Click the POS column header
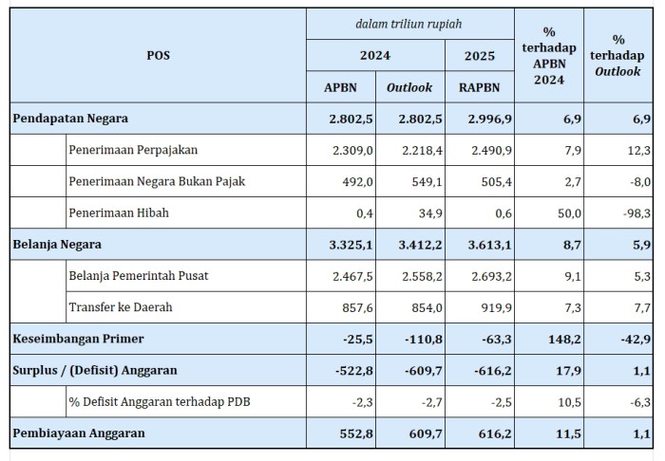[159, 56]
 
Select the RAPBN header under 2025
[479, 87]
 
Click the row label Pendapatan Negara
[71, 119]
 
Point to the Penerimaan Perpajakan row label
[133, 150]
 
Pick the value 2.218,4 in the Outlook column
[410, 150]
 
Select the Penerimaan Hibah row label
[119, 212]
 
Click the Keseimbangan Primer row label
[78, 339]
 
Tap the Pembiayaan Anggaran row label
[77, 433]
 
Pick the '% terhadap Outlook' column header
[618, 56]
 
